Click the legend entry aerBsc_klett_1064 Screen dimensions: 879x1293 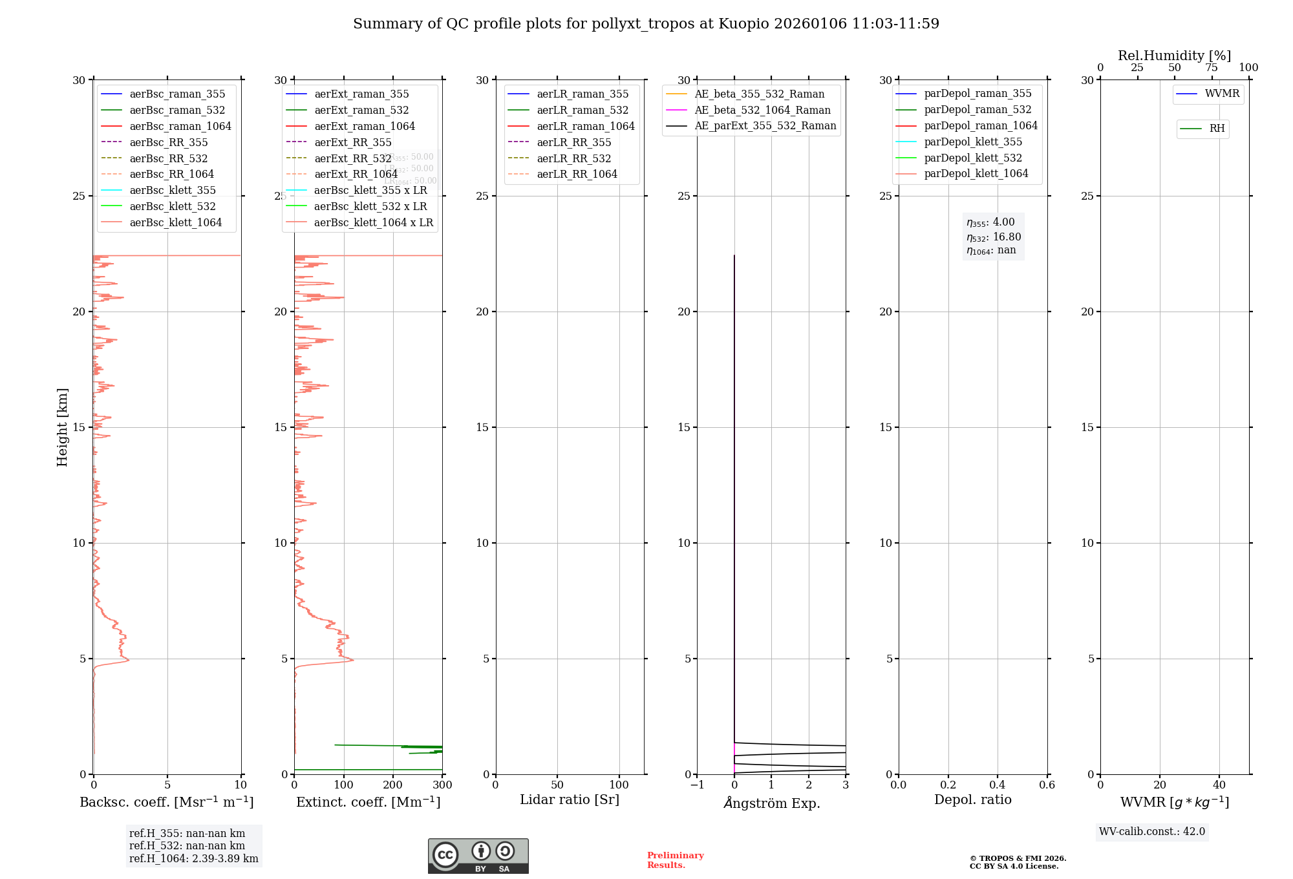pos(175,222)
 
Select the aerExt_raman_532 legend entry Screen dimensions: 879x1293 pos(361,110)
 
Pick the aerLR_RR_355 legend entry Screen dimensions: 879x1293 pos(573,142)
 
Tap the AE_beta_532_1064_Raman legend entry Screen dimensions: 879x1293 pos(762,110)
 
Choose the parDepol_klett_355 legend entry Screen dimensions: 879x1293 pos(973,142)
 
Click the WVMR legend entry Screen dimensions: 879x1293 pos(1222,94)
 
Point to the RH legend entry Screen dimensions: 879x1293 pos(1217,129)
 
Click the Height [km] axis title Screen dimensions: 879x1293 pos(62,427)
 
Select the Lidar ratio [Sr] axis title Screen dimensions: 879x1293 pos(570,800)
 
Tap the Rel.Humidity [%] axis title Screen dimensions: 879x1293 pos(1174,56)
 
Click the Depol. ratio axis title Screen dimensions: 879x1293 pos(972,800)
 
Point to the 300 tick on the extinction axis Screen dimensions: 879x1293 pos(442,785)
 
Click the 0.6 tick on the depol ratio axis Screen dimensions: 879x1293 pos(1047,785)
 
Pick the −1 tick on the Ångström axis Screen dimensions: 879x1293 pos(697,785)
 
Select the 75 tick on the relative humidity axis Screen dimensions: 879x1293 pos(1212,68)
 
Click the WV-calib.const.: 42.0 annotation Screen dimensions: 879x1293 pos(1152,831)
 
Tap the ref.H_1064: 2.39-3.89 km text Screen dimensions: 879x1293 pos(193,858)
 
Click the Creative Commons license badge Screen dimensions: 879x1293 pos(478,856)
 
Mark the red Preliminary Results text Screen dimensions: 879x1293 pos(675,860)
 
